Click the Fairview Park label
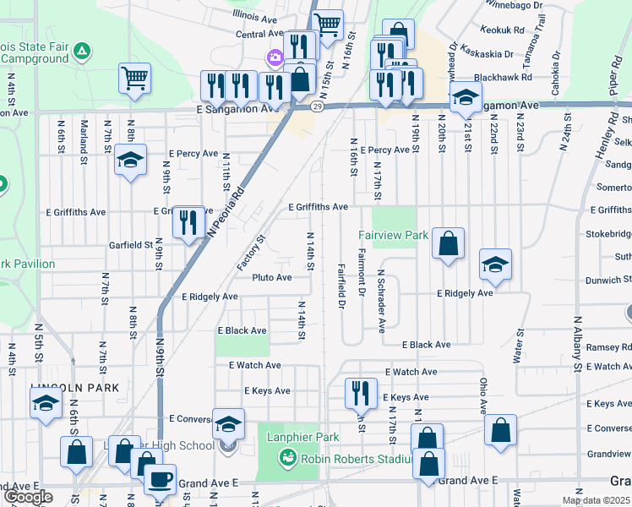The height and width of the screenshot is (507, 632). point(381,234)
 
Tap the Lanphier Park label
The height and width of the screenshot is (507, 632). point(297,437)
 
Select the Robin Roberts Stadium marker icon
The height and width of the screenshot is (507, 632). point(288,459)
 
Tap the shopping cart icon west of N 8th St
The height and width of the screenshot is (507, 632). point(134,79)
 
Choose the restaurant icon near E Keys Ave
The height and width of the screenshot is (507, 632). point(361,391)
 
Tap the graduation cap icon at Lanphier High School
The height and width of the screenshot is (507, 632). point(228,424)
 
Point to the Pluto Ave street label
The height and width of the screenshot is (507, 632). point(272,277)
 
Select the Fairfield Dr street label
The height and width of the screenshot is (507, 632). point(342,286)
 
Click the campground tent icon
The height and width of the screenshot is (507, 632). point(81,52)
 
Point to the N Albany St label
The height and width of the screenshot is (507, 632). point(579,344)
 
